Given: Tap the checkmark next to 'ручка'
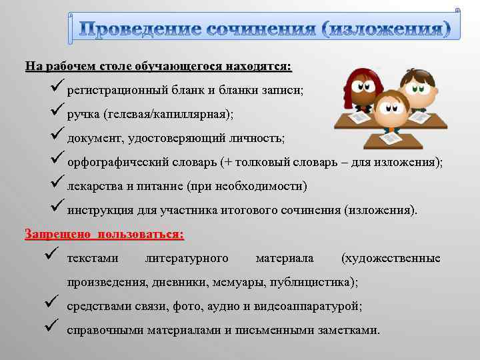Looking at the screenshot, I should pos(57,111).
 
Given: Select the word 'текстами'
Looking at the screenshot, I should pos(93,258).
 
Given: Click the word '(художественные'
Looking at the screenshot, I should pos(391,258).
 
